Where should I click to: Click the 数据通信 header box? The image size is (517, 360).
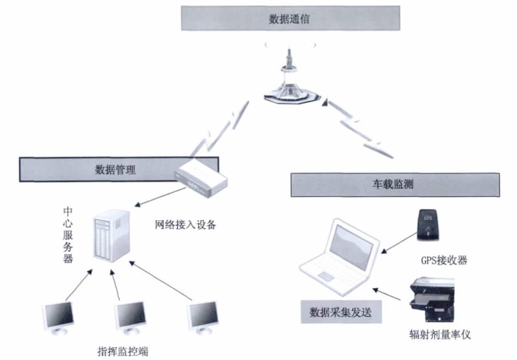pos(289,18)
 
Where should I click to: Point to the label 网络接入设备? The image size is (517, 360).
pos(185,226)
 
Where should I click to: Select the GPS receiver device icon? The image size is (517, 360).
pos(429,224)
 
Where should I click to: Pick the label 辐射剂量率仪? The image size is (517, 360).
pos(438,335)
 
